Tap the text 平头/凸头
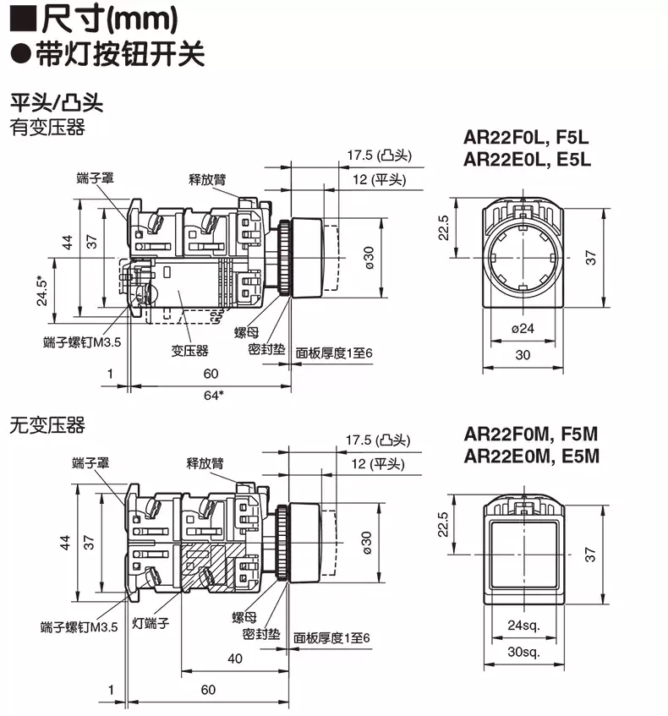pyautogui.click(x=56, y=104)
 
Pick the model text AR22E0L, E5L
pyautogui.click(x=527, y=158)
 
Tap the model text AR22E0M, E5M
pyautogui.click(x=531, y=456)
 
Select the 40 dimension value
pyautogui.click(x=234, y=659)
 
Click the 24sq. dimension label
pyautogui.click(x=523, y=626)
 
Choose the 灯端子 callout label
pyautogui.click(x=151, y=625)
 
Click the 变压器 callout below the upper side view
pyautogui.click(x=190, y=350)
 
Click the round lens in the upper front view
pyautogui.click(x=523, y=256)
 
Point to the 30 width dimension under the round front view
pyautogui.click(x=523, y=355)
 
